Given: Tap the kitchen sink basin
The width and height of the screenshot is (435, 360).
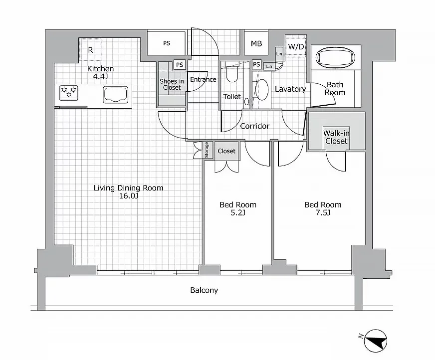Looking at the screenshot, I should [x=116, y=94].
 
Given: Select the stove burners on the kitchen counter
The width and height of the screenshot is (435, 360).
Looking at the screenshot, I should [x=69, y=91].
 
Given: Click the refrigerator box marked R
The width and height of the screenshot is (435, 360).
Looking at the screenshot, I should [x=90, y=50].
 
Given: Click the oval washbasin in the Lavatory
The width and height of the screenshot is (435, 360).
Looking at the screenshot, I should [x=261, y=90].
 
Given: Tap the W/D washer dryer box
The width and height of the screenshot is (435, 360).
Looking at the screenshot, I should [x=296, y=46].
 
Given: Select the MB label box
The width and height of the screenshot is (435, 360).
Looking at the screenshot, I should [x=256, y=43].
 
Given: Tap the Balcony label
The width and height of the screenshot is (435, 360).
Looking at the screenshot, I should [x=204, y=290].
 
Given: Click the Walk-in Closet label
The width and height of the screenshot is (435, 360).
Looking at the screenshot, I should [x=336, y=137].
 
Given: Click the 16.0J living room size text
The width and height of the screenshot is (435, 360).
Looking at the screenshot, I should [x=129, y=196].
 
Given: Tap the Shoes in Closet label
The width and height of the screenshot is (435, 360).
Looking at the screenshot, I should [x=171, y=84].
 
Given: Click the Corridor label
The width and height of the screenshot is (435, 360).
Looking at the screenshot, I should [x=254, y=126].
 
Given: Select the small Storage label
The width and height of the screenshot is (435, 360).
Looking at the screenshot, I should [x=207, y=150].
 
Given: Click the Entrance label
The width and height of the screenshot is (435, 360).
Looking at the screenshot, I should [x=203, y=79].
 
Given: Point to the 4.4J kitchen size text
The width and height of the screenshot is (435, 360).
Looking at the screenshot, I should [x=100, y=77].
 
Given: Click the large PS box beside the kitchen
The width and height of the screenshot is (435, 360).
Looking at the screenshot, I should [x=166, y=43].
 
